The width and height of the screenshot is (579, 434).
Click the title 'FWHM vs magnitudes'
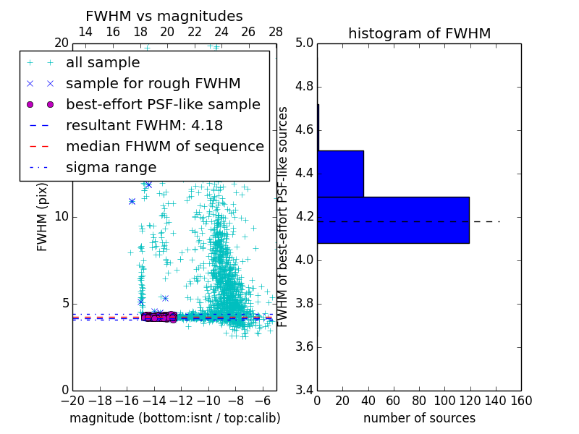click(164, 16)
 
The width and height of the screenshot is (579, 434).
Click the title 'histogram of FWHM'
click(419, 33)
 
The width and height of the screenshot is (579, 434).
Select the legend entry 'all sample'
click(103, 63)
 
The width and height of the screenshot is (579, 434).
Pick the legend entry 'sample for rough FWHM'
click(153, 83)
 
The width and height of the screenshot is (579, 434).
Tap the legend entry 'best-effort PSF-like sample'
click(163, 104)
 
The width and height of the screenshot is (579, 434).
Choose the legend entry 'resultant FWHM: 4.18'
click(144, 125)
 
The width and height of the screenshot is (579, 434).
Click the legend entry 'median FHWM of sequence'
click(164, 146)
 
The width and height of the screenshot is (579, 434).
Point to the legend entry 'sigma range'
click(111, 167)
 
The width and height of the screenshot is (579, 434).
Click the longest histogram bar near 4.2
click(393, 220)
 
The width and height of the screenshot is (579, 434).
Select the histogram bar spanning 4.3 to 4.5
click(340, 174)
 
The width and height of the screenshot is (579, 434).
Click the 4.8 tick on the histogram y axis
click(304, 87)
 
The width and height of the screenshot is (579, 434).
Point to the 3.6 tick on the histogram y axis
click(304, 346)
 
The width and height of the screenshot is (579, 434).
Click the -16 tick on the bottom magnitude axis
click(127, 400)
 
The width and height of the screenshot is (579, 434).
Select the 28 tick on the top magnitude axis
click(276, 33)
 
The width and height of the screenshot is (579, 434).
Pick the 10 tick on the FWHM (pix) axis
click(62, 217)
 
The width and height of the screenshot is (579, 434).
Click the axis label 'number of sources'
click(419, 418)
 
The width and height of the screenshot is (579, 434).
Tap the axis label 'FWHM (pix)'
click(43, 217)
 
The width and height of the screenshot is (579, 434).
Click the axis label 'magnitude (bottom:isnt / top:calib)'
click(174, 418)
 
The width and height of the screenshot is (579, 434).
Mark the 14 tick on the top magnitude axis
click(85, 33)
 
